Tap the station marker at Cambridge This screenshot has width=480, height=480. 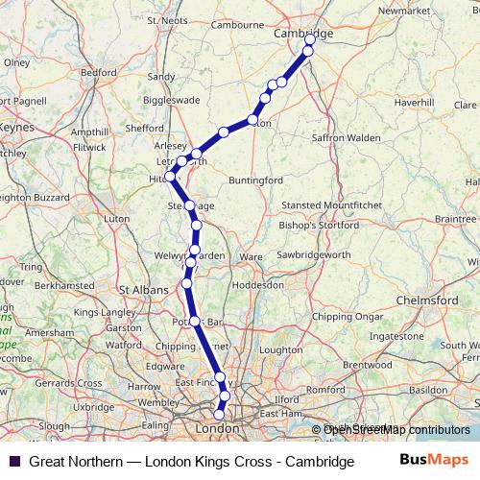pyautogui.click(x=309, y=40)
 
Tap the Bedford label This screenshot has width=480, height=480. pyautogui.click(x=99, y=72)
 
